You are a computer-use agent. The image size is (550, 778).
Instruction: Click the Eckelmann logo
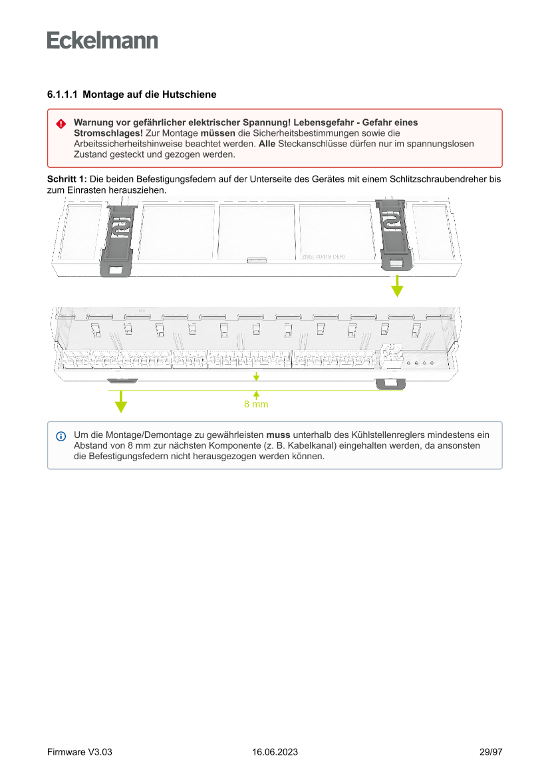tap(102, 41)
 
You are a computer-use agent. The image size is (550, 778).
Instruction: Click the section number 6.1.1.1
tap(63, 95)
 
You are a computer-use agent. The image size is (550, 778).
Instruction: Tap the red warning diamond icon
tap(61, 124)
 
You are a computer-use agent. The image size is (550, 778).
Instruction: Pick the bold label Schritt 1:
tap(67, 180)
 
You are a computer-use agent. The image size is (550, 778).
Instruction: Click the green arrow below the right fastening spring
tap(397, 288)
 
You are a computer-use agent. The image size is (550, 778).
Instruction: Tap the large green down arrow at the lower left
tap(120, 401)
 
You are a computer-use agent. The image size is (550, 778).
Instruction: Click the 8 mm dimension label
tap(256, 404)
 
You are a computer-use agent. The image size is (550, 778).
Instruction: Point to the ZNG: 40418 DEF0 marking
tap(323, 256)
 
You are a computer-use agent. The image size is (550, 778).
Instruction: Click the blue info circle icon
tap(61, 437)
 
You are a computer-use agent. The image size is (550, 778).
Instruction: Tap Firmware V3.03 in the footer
tap(80, 752)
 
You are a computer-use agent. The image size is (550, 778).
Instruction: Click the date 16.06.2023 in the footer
tap(275, 752)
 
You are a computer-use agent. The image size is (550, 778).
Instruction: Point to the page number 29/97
tap(490, 752)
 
